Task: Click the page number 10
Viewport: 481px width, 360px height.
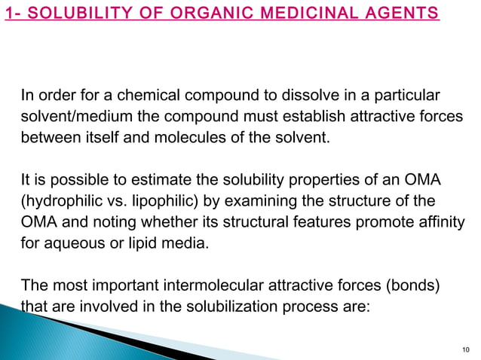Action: (x=464, y=348)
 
